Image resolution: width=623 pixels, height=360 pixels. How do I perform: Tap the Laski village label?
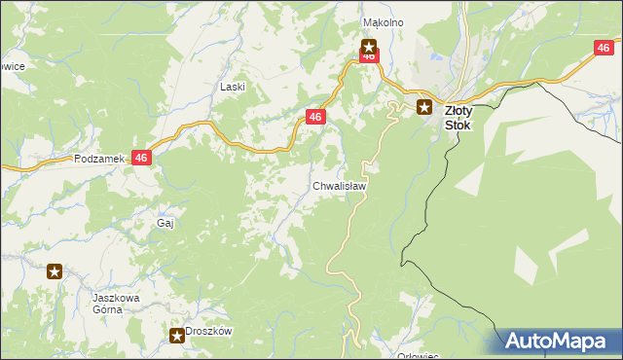pos(232,87)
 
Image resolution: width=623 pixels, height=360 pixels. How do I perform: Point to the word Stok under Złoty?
pos(458,125)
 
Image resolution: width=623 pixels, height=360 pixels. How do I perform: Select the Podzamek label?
pos(96,159)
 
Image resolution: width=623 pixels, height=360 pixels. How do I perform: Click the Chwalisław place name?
pos(340,185)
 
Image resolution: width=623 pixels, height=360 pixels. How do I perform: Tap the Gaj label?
pos(165,223)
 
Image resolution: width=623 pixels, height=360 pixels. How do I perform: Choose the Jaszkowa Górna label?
pos(106,303)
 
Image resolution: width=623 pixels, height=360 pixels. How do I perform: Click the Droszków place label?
pos(209,331)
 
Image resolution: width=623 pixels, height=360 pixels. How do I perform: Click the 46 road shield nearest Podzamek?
pos(142,158)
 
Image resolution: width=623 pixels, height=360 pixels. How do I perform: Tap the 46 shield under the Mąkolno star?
pos(369,56)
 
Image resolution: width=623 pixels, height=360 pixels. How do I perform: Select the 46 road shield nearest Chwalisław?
pos(314,117)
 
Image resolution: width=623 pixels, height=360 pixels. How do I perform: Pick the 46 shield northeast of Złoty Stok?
pos(605,48)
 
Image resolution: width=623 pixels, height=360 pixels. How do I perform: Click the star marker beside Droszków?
pos(176,337)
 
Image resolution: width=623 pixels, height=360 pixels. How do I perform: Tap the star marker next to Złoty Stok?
pos(424,108)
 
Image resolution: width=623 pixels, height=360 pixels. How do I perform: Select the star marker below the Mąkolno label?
pos(369,44)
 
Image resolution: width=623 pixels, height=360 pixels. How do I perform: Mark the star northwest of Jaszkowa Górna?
pos(55,272)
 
